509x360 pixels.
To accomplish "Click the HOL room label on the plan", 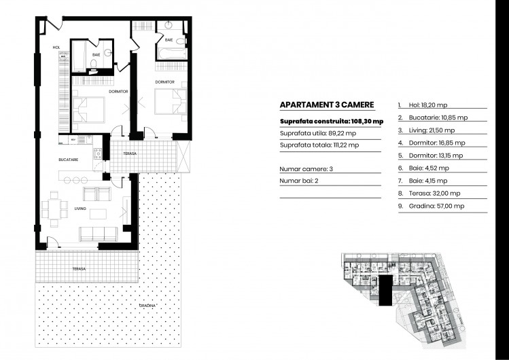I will tap(57, 48).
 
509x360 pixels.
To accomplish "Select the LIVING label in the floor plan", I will tap(80, 208).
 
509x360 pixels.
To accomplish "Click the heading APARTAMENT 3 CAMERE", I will tap(318, 105).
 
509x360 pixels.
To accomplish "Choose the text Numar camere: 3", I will tap(306, 168).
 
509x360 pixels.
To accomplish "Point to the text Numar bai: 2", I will tap(300, 181).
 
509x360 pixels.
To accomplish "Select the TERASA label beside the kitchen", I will tap(130, 154).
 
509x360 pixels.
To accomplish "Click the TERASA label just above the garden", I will tap(80, 269).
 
